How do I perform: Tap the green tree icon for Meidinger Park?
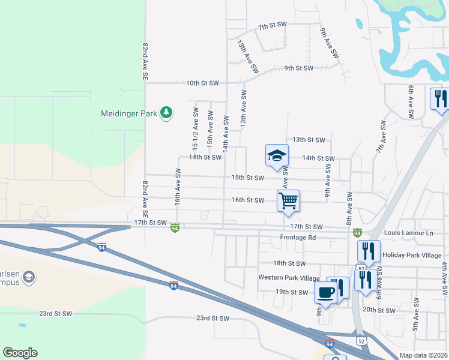point(166,113)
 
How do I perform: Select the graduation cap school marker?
point(277,155)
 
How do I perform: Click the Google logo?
point(20,353)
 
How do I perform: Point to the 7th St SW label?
point(273,27)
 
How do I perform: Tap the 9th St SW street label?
point(299,68)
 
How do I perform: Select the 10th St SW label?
point(202,83)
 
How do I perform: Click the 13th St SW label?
point(310,140)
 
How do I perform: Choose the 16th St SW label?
point(248,200)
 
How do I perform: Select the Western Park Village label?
point(289,278)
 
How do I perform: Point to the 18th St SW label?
point(289,263)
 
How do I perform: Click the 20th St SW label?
point(379,311)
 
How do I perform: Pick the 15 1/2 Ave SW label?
point(196,129)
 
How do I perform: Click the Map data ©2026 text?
point(424,355)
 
